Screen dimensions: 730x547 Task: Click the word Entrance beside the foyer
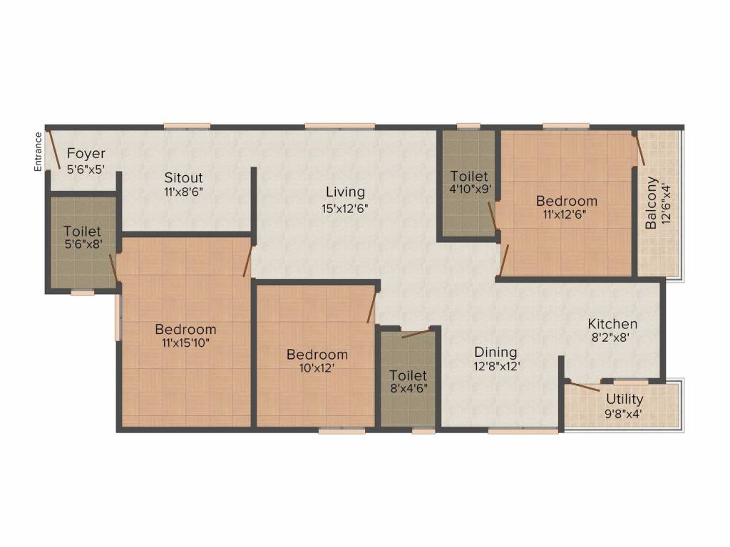tap(38, 152)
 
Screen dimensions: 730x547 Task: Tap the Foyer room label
tap(86, 154)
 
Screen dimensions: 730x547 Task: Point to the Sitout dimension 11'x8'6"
tap(183, 192)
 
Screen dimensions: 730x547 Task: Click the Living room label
tap(345, 192)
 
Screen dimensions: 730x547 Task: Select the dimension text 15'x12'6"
tap(345, 209)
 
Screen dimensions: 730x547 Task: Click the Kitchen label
tap(612, 324)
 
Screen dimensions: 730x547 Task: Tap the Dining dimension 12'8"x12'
tap(497, 366)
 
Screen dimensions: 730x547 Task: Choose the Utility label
tap(624, 400)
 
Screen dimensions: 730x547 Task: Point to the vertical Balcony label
tap(651, 202)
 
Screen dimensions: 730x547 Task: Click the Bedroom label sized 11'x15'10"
tap(186, 329)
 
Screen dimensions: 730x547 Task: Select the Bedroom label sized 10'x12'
tap(317, 355)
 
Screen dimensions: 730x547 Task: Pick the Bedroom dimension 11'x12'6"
tap(565, 214)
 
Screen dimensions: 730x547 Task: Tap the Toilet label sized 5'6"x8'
tap(83, 231)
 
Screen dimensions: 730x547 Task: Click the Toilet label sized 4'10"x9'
tap(469, 177)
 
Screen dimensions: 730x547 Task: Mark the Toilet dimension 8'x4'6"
tap(408, 388)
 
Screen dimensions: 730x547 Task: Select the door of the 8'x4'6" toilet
tap(416, 333)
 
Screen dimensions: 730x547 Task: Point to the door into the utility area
tap(584, 386)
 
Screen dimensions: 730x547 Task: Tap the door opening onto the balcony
tap(639, 148)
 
